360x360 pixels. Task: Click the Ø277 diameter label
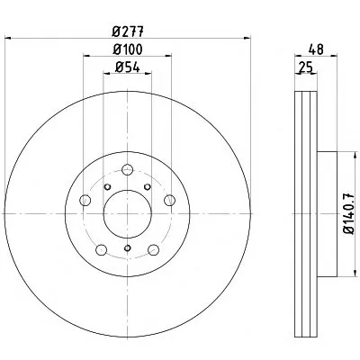[x=128, y=31]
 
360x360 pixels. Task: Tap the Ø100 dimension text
[x=128, y=49]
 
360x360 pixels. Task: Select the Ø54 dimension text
[x=128, y=67]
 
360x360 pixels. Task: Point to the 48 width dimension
[x=317, y=49]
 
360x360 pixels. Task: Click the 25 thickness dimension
[x=306, y=67]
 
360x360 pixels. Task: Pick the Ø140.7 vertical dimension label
[x=349, y=213]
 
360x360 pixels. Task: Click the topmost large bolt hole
[x=128, y=170]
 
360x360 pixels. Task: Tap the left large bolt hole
[x=85, y=200]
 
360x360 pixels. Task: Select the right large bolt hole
[x=169, y=200]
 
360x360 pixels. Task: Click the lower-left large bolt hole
[x=102, y=249]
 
